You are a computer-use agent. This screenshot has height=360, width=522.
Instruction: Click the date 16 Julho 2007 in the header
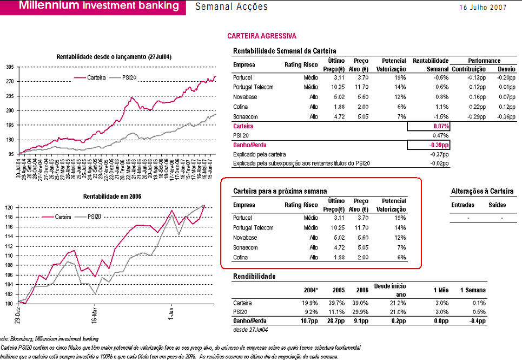click(483, 7)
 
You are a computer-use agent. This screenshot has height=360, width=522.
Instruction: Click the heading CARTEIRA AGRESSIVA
click(262, 36)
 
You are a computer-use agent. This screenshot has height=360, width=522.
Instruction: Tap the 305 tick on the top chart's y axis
click(10, 67)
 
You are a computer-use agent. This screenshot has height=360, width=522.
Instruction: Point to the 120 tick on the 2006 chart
click(10, 208)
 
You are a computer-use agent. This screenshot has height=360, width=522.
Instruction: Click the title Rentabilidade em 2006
click(112, 197)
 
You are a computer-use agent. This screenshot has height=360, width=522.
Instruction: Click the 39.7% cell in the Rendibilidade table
click(338, 303)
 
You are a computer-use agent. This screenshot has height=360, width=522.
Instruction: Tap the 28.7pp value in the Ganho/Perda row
click(337, 321)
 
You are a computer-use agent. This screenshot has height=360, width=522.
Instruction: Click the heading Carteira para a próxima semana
click(280, 192)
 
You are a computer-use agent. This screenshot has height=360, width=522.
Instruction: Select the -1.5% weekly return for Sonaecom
click(441, 116)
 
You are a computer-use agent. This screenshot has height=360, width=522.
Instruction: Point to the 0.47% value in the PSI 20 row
click(441, 135)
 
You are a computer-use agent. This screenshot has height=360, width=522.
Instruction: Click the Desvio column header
click(506, 70)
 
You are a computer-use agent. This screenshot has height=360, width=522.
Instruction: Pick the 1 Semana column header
click(473, 291)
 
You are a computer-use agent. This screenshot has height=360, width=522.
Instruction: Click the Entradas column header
click(463, 205)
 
